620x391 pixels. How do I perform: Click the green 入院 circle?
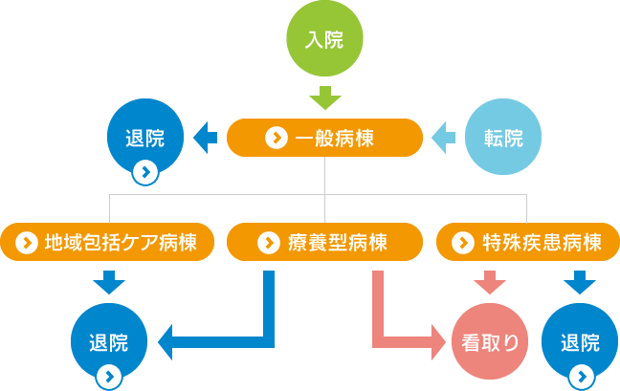pyautogui.click(x=324, y=38)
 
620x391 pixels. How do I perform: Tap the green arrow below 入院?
pyautogui.click(x=325, y=98)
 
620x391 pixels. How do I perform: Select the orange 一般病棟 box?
pyautogui.click(x=324, y=138)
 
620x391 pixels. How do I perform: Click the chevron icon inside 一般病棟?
pyautogui.click(x=277, y=138)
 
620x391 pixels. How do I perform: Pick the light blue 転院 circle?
pyautogui.click(x=503, y=137)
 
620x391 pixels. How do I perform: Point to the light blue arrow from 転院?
pyautogui.click(x=443, y=138)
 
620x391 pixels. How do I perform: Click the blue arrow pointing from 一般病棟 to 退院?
pyautogui.click(x=205, y=138)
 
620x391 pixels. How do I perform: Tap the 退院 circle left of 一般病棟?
pyautogui.click(x=145, y=137)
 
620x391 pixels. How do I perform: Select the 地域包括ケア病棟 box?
pyautogui.click(x=107, y=242)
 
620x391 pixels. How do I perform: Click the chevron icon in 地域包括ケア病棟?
pyautogui.click(x=27, y=242)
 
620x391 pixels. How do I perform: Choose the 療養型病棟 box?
pyautogui.click(x=324, y=242)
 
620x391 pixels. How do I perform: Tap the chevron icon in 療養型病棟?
pyautogui.click(x=269, y=242)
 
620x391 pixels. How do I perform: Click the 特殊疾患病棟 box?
pyautogui.click(x=528, y=242)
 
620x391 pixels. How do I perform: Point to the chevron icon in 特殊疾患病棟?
pyautogui.click(x=463, y=242)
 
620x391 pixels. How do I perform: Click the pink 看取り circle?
pyautogui.click(x=490, y=341)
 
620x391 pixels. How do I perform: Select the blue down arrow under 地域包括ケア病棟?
pyautogui.click(x=109, y=282)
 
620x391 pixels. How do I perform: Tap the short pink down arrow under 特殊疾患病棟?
pyautogui.click(x=490, y=282)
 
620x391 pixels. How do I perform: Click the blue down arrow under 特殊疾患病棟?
pyautogui.click(x=580, y=282)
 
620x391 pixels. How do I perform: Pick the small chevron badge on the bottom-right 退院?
pyautogui.click(x=582, y=377)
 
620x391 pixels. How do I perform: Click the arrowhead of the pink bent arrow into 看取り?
pyautogui.click(x=439, y=342)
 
